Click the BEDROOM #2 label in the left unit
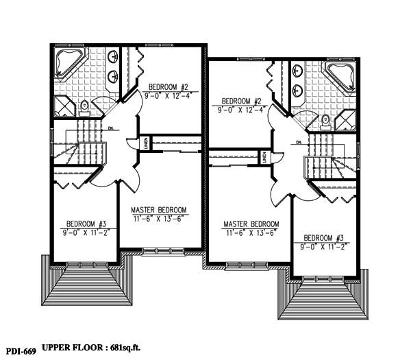tap(168, 86)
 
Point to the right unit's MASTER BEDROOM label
tap(251, 224)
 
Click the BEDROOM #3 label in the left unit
tap(86, 224)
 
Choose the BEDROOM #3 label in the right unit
tap(324, 238)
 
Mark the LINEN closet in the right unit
tap(264, 158)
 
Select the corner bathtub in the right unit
tap(341, 76)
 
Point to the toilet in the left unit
tap(84, 106)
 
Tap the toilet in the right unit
tap(325, 121)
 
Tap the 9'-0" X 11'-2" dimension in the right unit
tap(324, 246)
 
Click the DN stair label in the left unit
tap(111, 128)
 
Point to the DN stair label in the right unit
tap(299, 143)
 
